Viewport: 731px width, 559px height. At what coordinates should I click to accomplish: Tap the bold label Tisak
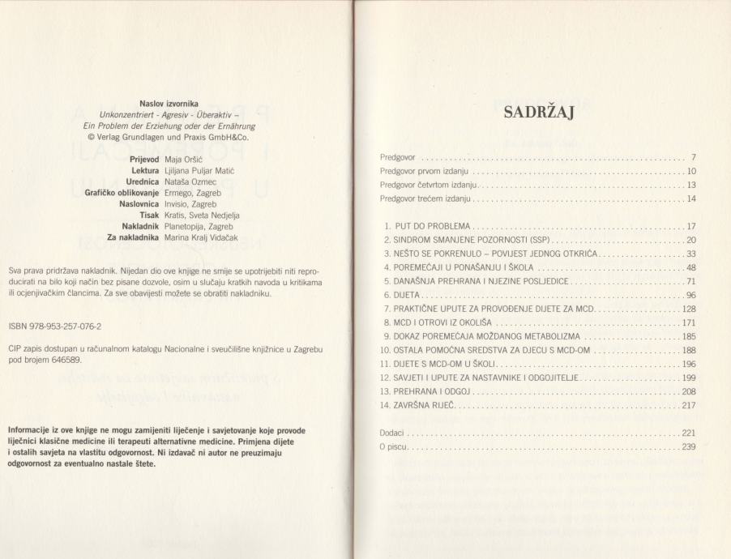coord(147,216)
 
